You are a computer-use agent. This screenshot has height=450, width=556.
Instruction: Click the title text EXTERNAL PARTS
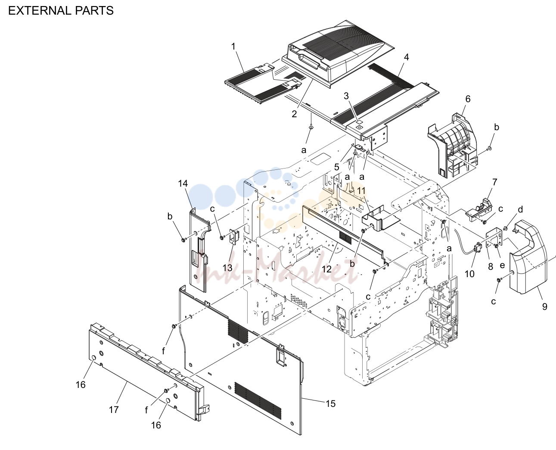click(61, 11)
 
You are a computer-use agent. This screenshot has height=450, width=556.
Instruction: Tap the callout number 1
click(233, 47)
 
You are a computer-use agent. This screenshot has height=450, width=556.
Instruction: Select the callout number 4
click(407, 57)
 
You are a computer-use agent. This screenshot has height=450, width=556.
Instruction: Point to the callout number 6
click(468, 99)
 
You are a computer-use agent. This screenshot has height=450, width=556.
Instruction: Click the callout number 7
click(494, 182)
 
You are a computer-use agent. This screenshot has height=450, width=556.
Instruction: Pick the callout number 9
click(544, 306)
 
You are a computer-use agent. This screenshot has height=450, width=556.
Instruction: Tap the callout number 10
click(469, 274)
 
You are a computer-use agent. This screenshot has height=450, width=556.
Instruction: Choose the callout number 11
click(361, 191)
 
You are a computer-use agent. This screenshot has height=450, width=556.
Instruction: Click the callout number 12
click(326, 269)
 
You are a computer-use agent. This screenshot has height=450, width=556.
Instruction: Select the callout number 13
click(227, 268)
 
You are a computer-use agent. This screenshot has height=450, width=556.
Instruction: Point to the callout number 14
click(183, 183)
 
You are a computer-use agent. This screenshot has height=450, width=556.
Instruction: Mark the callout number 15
click(330, 403)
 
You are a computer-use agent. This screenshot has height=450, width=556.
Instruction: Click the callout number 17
click(114, 409)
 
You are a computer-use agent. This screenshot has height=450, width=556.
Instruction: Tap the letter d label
click(520, 209)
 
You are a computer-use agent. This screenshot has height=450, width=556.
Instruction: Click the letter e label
click(502, 266)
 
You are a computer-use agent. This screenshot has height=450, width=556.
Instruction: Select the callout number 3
click(346, 96)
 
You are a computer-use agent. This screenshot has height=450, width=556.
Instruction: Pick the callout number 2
click(294, 114)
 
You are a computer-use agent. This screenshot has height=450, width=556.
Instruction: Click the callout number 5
click(337, 167)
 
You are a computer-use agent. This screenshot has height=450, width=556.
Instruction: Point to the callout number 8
click(491, 266)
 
